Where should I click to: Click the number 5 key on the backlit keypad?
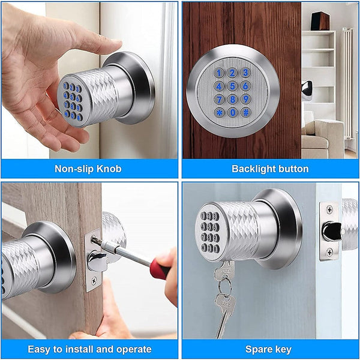pos(232,85)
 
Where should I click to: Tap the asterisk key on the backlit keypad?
pos(220,112)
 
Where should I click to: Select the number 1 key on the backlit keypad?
pos(220,73)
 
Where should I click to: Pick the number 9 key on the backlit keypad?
pos(245,98)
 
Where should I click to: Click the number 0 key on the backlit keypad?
pos(232,112)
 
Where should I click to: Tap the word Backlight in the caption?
pos(253,169)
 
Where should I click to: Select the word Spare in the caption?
pos(258,349)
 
